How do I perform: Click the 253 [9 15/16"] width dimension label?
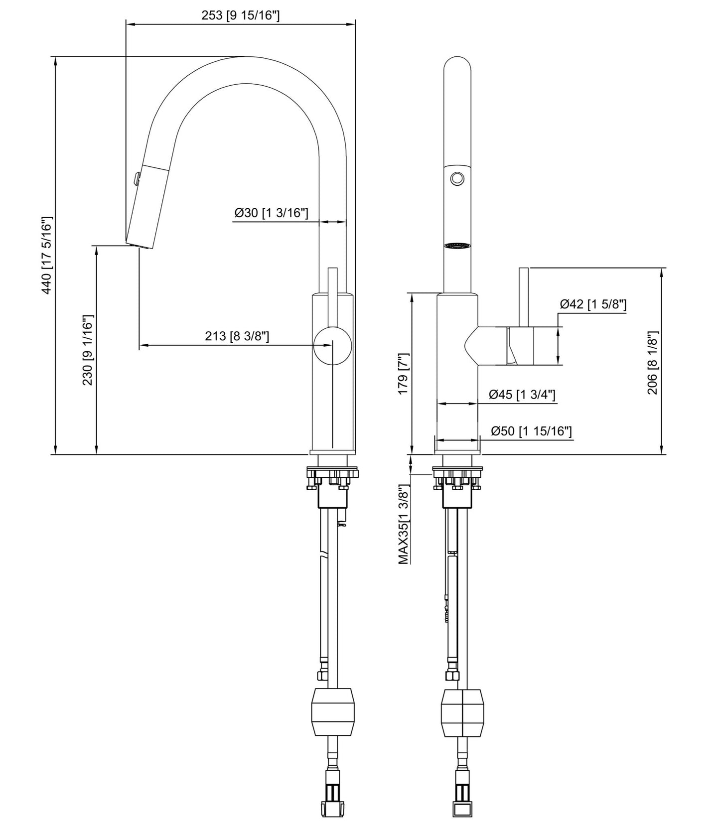(x=240, y=15)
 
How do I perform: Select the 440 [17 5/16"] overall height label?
(x=46, y=255)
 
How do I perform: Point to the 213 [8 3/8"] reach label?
(x=237, y=336)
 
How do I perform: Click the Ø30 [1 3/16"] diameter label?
(x=272, y=213)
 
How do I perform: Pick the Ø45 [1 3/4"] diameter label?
(x=522, y=395)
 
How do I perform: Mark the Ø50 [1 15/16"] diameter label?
(x=531, y=431)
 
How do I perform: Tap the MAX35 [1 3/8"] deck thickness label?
(x=404, y=527)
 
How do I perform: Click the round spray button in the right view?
(x=456, y=178)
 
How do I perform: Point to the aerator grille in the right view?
(x=457, y=246)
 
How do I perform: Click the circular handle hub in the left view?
(x=332, y=345)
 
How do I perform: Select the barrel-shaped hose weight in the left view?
(x=333, y=712)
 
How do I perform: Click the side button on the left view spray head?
(x=136, y=178)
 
